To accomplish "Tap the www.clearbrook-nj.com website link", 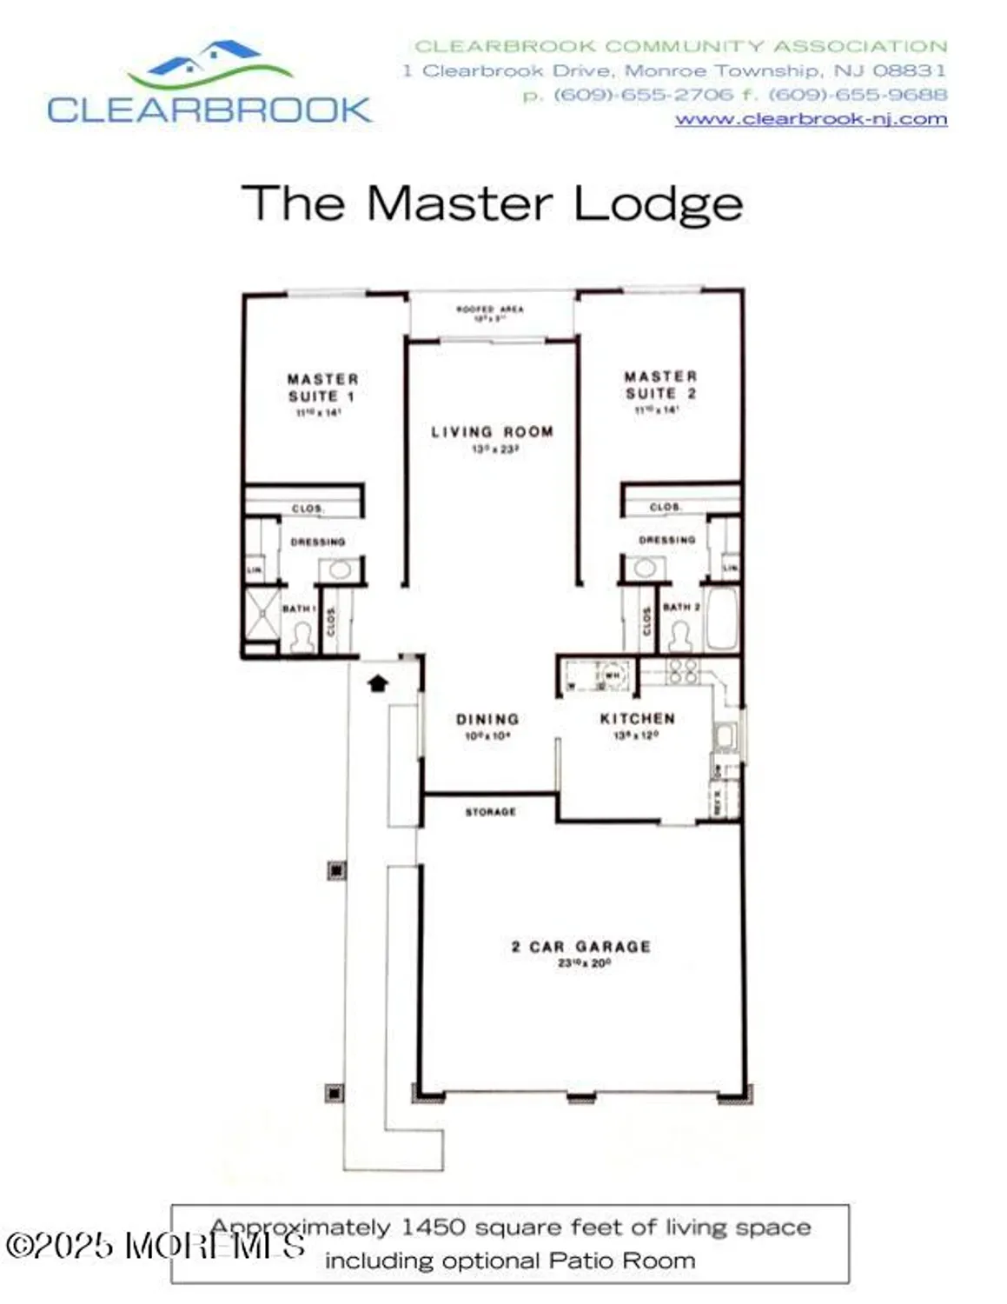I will click(810, 119).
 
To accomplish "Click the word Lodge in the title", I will click(658, 203).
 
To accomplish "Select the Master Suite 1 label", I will click(321, 388).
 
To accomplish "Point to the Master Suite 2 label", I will click(660, 385).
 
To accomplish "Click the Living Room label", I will click(492, 431).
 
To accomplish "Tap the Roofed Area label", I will click(490, 309).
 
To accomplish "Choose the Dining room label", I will click(487, 719).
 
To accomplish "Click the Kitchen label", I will click(637, 718).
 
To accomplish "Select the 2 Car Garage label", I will click(580, 947).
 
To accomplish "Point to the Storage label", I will click(490, 812).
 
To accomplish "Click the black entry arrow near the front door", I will click(377, 683).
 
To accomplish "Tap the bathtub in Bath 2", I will click(721, 619).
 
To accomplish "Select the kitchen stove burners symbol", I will click(682, 670).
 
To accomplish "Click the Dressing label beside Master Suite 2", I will click(666, 540).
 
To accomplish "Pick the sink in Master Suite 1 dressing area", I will click(339, 571).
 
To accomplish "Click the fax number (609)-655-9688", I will click(857, 95).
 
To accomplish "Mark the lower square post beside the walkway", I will click(335, 1093).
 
